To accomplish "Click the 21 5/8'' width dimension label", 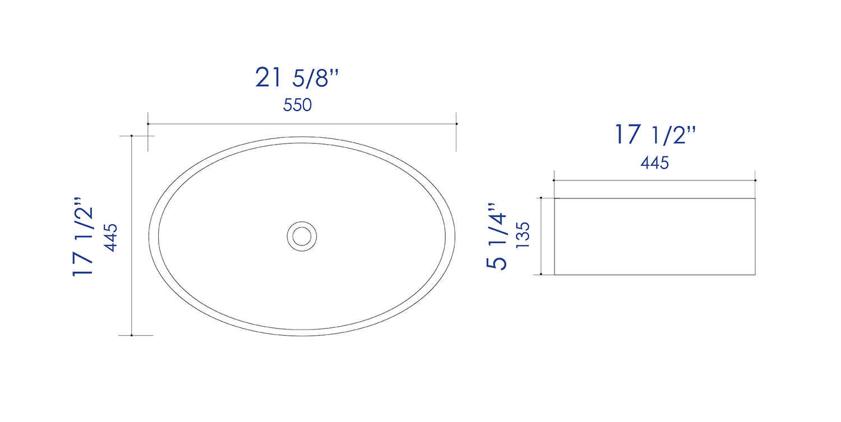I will click(297, 78).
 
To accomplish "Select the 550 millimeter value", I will click(297, 105).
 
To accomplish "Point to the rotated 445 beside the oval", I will click(111, 237).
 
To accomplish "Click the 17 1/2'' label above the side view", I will click(655, 135).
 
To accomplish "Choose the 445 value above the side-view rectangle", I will click(655, 163).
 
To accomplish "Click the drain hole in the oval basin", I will click(302, 235).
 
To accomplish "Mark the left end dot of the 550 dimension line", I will click(148, 124).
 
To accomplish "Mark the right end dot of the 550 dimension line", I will click(456, 124).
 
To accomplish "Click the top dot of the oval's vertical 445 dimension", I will click(131, 136).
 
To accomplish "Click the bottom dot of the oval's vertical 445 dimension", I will click(131, 335).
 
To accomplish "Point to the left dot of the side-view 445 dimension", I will click(554, 180).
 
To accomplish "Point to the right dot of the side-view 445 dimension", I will click(755, 180).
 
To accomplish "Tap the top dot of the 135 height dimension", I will click(541, 198).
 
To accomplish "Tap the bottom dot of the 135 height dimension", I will click(541, 274).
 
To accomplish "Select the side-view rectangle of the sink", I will click(655, 236).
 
